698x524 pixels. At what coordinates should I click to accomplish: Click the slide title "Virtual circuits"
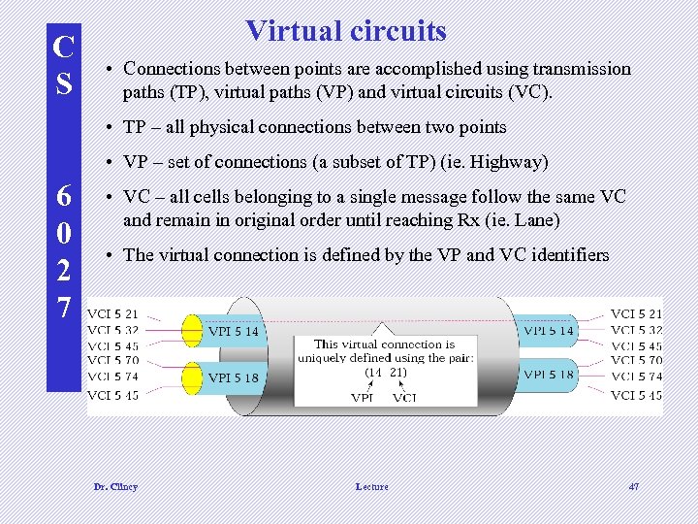[x=346, y=31]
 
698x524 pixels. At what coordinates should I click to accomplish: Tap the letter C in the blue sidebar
[x=64, y=47]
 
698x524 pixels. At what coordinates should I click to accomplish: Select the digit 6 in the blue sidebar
[x=64, y=196]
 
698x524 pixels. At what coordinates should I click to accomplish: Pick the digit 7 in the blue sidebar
[x=64, y=308]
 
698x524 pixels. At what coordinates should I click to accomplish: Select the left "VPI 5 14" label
[x=234, y=331]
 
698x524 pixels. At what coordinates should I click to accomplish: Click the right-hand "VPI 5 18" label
[x=549, y=375]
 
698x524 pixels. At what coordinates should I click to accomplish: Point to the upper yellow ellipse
[x=193, y=331]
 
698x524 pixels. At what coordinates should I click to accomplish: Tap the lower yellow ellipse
[x=193, y=377]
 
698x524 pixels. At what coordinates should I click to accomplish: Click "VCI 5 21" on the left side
[x=113, y=314]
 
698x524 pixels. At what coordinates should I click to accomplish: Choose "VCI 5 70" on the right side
[x=636, y=361]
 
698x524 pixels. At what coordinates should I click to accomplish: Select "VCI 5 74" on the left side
[x=113, y=377]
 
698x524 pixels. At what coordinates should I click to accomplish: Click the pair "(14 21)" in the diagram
[x=385, y=373]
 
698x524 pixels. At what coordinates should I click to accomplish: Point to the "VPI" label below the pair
[x=363, y=397]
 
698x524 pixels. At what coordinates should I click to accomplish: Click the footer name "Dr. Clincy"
[x=115, y=486]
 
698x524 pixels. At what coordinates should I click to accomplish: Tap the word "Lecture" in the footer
[x=371, y=486]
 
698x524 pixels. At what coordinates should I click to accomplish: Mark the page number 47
[x=633, y=486]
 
